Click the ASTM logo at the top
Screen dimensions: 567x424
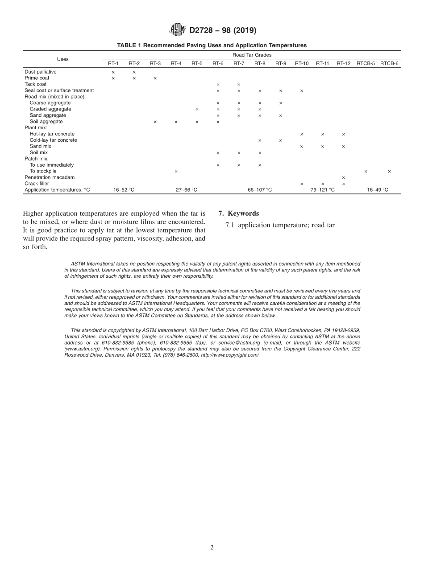click(x=177, y=30)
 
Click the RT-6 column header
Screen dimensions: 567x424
click(x=218, y=64)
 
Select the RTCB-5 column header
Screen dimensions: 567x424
click(x=366, y=64)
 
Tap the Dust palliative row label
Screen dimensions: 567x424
click(x=41, y=72)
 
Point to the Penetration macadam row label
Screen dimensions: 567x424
click(x=50, y=177)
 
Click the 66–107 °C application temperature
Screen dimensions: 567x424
click(x=260, y=190)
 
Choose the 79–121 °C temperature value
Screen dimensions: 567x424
click(x=323, y=190)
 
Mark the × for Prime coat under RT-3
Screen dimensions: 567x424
click(x=155, y=78)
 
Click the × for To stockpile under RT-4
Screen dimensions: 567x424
click(x=176, y=172)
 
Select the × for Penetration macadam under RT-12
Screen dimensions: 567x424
click(x=343, y=178)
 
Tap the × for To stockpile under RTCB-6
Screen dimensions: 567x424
click(x=389, y=172)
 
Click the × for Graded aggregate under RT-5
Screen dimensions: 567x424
click(x=197, y=109)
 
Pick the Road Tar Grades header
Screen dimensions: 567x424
click(x=252, y=55)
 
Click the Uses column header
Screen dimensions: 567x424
click(x=63, y=59)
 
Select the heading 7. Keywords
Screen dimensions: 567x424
click(x=238, y=214)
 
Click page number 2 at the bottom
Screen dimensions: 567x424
click(x=212, y=548)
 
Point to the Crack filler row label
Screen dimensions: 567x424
click(x=37, y=184)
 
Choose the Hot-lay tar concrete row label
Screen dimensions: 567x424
click(x=52, y=134)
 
